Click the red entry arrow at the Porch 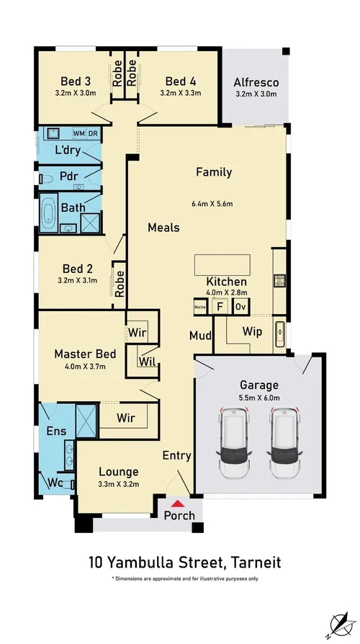click(177, 503)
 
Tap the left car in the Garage click(235, 443)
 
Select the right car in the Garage click(284, 443)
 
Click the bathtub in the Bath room click(49, 213)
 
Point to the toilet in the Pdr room click(46, 179)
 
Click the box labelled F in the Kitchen click(220, 306)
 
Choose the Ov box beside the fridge click(240, 306)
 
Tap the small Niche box click(200, 307)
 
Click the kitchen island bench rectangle click(222, 265)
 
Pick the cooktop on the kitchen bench click(280, 280)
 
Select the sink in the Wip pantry click(280, 334)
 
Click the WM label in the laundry click(78, 133)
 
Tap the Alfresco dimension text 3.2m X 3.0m click(256, 94)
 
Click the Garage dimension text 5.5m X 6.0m click(259, 397)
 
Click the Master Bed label click(85, 354)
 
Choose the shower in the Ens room click(86, 421)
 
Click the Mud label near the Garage click(200, 336)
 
